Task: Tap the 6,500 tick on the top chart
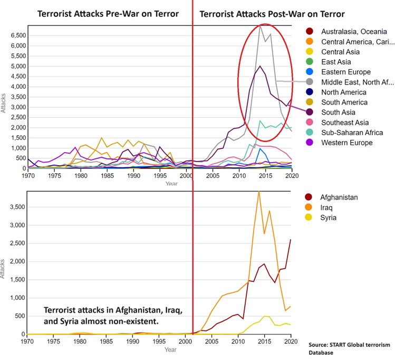pos(18,35)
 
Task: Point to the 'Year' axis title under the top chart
pos(171,184)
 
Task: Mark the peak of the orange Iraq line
pos(258,192)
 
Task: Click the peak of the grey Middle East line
pos(259,25)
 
